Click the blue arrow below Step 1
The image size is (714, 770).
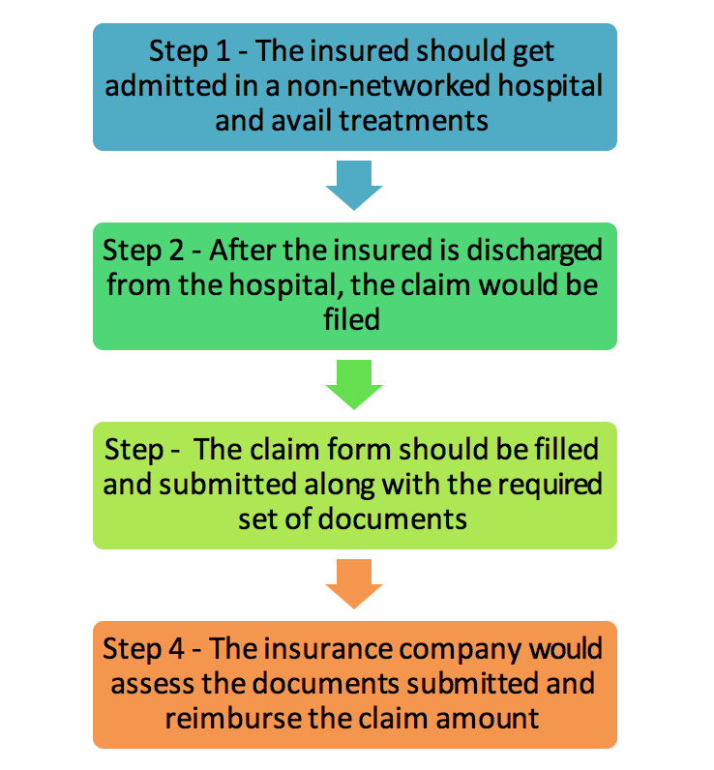[354, 184]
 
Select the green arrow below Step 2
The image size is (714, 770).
[354, 383]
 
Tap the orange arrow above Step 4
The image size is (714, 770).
[354, 582]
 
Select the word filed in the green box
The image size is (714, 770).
[354, 320]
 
